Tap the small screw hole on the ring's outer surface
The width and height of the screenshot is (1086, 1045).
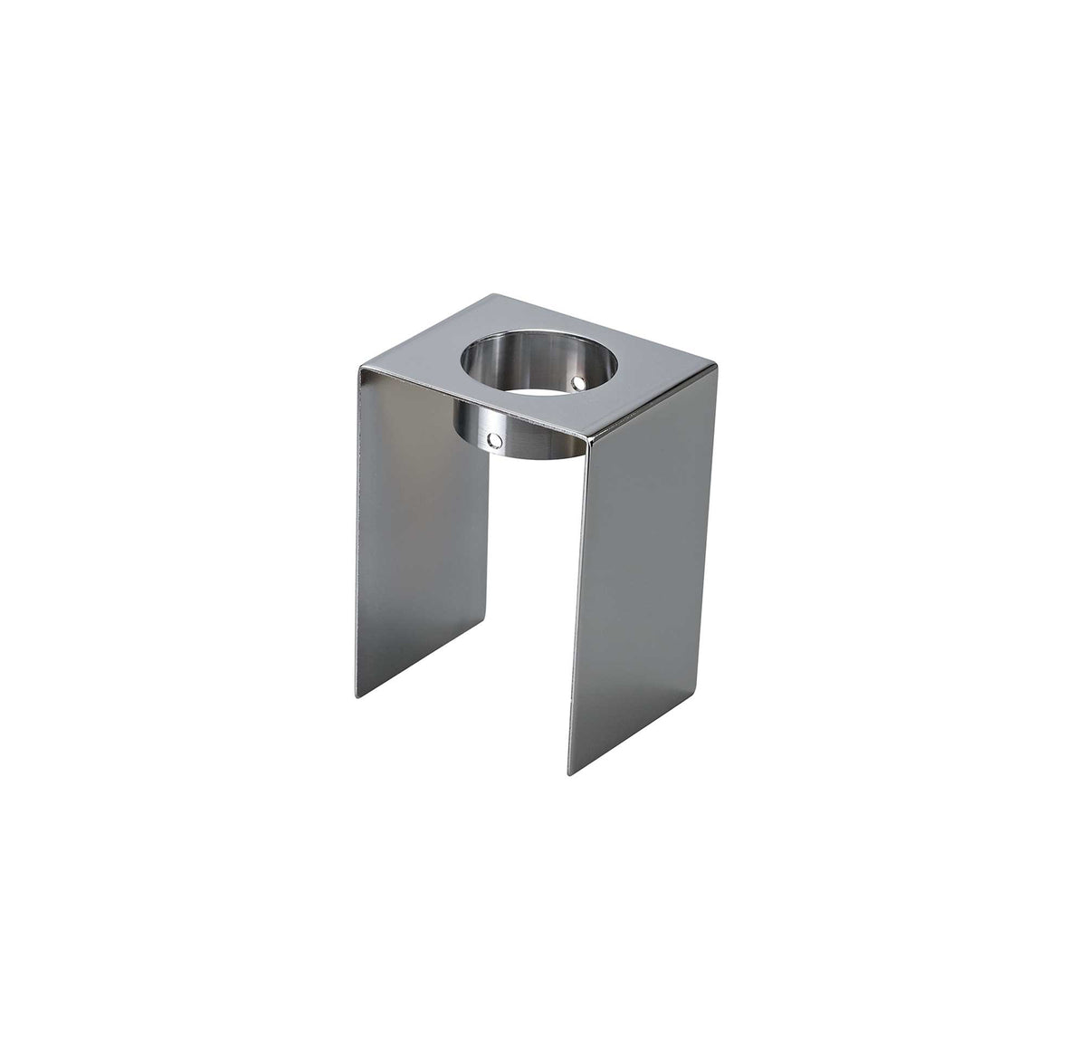tap(492, 440)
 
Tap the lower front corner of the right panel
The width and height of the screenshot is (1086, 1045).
tap(570, 775)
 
